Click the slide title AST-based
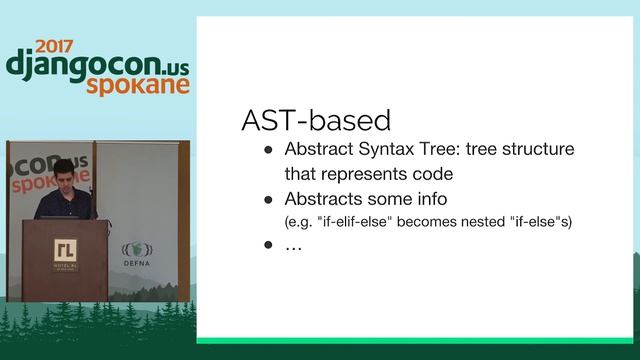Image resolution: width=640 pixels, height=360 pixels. click(315, 121)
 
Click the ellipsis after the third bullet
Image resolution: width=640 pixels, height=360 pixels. click(293, 245)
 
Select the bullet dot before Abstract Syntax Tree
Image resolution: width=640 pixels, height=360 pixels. click(268, 150)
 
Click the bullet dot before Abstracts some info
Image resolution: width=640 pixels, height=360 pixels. click(268, 199)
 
